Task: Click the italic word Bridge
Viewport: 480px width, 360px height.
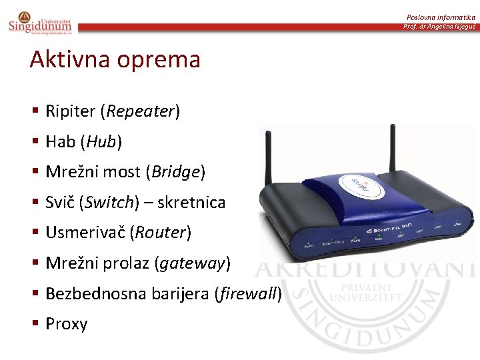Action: tap(176, 172)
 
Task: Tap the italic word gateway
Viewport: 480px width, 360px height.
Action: tap(192, 263)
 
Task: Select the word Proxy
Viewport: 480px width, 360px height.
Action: tap(66, 324)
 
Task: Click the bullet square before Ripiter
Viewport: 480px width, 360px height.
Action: tap(34, 111)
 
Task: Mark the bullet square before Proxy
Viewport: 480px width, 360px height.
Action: tap(34, 323)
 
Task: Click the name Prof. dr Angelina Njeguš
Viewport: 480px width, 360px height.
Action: tap(439, 27)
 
